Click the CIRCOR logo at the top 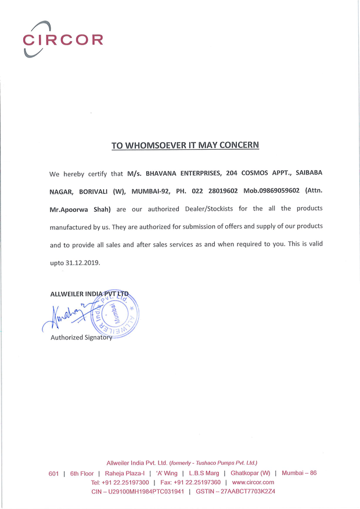click(x=63, y=39)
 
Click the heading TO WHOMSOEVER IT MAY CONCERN click(x=185, y=145)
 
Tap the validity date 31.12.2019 click(x=83, y=262)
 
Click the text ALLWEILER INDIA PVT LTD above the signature click(x=90, y=294)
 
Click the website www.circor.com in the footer click(x=253, y=482)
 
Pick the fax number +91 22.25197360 click(x=197, y=482)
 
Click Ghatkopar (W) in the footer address click(x=250, y=473)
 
